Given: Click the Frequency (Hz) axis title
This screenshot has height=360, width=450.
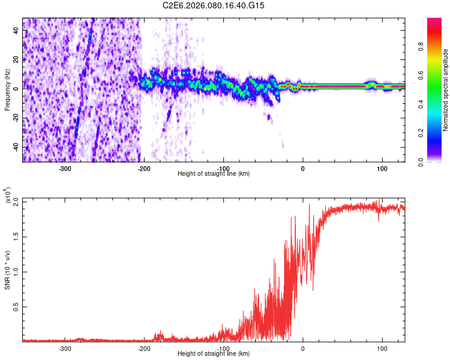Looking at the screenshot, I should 7,89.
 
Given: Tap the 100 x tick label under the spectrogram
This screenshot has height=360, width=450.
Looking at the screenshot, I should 382,169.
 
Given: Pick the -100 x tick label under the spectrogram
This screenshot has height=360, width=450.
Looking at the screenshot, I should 223,169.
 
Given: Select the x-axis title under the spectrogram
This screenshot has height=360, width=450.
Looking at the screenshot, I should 214,174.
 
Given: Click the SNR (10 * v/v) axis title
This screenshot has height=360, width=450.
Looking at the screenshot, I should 8,269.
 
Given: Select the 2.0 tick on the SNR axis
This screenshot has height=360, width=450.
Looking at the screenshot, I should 15,202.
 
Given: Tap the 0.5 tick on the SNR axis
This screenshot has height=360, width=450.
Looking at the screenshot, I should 15,306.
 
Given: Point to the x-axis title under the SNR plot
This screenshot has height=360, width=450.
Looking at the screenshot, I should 214,354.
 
